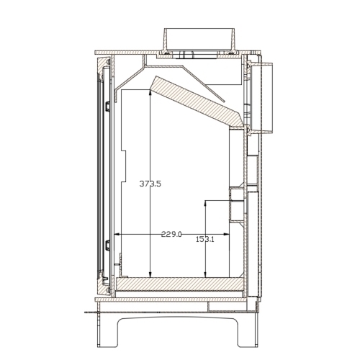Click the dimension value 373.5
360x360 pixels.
point(150,184)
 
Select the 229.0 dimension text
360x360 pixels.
point(171,234)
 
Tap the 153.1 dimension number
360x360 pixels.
point(205,239)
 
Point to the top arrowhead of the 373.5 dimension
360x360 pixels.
point(150,92)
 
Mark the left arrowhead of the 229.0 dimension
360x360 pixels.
point(117,234)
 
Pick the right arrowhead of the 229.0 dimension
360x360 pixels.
point(226,234)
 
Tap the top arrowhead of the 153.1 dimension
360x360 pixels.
point(205,203)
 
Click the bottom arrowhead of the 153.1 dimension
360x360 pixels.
point(205,274)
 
